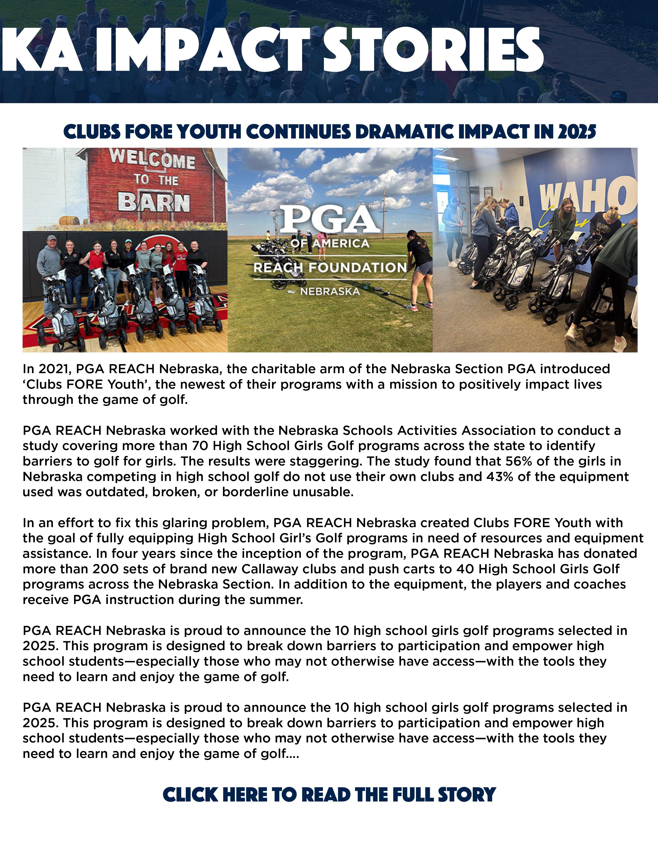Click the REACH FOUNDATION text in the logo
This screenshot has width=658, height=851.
(x=330, y=268)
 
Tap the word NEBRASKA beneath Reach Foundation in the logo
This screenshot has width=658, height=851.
(x=330, y=291)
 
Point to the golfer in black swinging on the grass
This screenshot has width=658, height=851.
(x=419, y=265)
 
